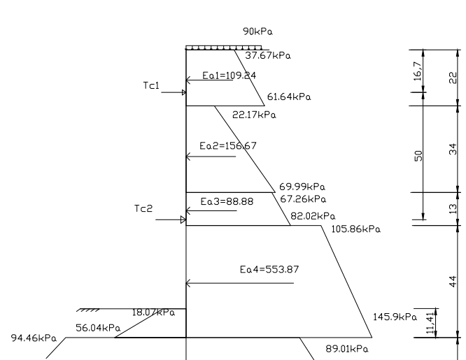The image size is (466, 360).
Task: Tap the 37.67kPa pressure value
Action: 268,55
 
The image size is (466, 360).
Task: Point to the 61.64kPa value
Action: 289,96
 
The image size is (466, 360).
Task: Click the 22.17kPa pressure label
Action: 253,115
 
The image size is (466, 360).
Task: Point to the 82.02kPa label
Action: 313,216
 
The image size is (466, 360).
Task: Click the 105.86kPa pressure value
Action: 355,229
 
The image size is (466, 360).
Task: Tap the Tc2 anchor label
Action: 143,209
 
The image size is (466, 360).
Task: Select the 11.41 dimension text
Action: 430,323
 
